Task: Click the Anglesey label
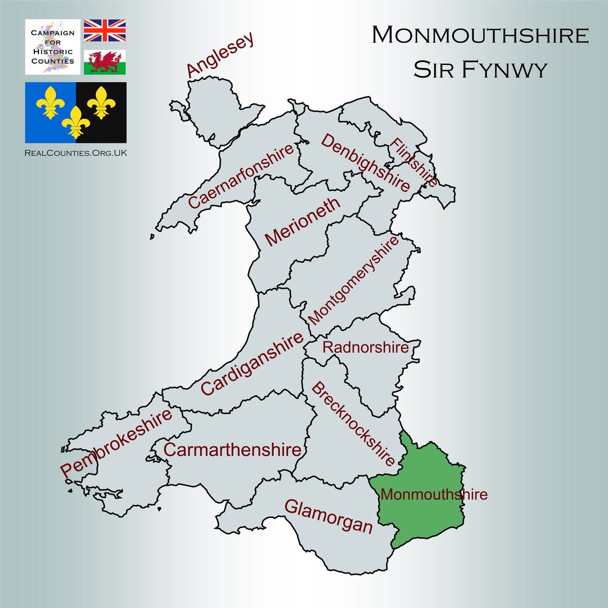[x=220, y=56]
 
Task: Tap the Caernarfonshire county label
[x=241, y=176]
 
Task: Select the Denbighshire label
[x=365, y=163]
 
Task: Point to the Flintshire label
[x=413, y=163]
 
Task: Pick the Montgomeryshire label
[x=353, y=280]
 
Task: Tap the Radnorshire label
[x=365, y=348]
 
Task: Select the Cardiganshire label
[x=252, y=363]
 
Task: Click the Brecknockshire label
[x=353, y=425]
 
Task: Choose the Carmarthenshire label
[x=233, y=449]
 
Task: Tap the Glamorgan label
[x=328, y=516]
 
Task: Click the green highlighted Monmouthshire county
[x=431, y=522]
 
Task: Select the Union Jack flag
[x=105, y=30]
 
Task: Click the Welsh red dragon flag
[x=105, y=62]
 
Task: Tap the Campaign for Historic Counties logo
[x=53, y=47]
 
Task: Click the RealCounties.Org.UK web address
[x=76, y=152]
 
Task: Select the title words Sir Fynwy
[x=480, y=70]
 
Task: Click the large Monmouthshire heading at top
[x=480, y=35]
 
